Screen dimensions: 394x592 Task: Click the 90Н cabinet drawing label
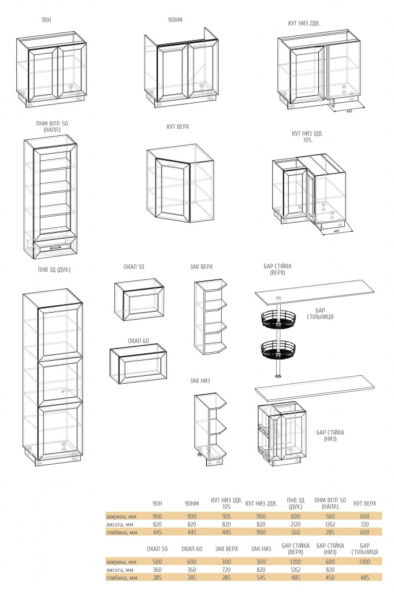pos(46,20)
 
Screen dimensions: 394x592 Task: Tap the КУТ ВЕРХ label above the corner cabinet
pos(178,127)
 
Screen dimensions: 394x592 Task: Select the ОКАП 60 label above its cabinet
pos(138,341)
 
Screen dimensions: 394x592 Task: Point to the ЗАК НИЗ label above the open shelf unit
pos(200,380)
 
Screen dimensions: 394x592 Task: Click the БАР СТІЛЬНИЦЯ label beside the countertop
pos(320,314)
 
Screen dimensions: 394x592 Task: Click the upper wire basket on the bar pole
pos(278,319)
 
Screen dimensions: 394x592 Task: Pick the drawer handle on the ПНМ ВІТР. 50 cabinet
pos(55,247)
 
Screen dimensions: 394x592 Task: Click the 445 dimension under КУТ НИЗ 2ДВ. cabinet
pos(349,112)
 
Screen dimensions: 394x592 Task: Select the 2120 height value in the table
pos(296,524)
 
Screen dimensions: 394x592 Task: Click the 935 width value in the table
pos(226,516)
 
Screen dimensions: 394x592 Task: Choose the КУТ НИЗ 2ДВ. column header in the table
pos(261,504)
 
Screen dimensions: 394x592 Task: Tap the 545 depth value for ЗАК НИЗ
pos(261,578)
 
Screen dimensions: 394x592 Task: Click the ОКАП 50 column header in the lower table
pos(157,549)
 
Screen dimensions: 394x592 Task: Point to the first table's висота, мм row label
pos(121,524)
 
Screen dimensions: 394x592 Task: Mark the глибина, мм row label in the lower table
pos(122,578)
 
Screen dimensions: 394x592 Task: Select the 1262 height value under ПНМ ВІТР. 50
pos(330,524)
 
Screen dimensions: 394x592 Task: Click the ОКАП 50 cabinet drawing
pos(139,300)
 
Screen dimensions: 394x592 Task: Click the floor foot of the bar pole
pos(278,376)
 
